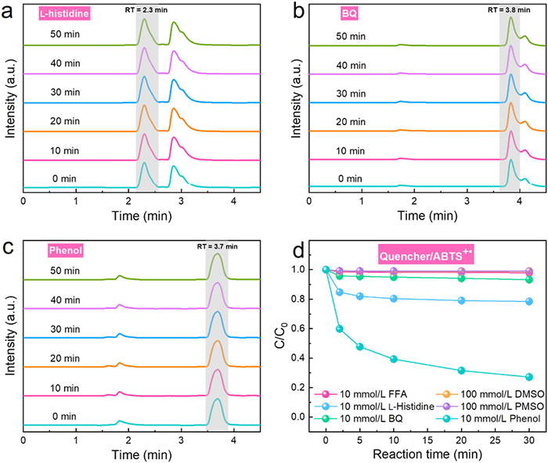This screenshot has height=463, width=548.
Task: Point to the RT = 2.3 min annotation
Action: click(x=146, y=10)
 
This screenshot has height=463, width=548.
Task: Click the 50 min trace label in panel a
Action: click(x=60, y=34)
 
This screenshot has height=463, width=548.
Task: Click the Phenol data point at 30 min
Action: click(x=528, y=377)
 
